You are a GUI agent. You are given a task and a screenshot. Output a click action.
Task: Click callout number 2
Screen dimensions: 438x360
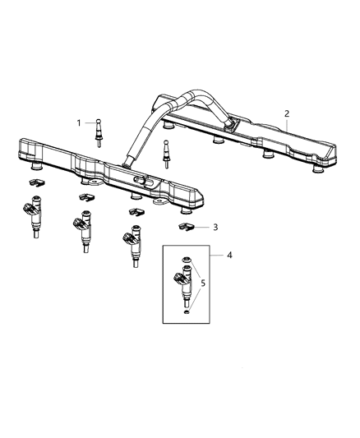click(287, 113)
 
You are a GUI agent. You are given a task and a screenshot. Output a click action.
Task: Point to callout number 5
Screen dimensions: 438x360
click(205, 286)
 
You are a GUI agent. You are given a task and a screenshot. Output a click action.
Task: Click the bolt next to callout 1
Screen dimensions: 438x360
click(99, 128)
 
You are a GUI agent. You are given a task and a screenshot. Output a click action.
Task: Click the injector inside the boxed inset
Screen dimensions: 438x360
click(187, 292)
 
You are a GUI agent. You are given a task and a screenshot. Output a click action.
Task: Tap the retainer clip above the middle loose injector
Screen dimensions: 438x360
click(85, 197)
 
